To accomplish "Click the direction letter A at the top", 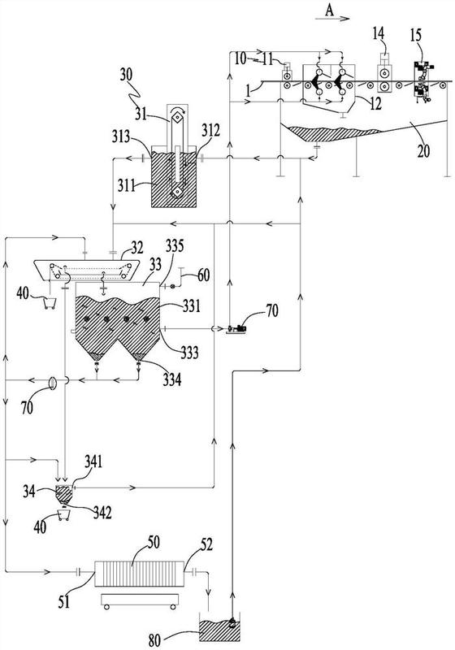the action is (329, 10).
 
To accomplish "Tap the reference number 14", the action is (378, 33).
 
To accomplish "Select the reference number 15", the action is (416, 35).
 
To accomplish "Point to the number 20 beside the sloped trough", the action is (423, 151).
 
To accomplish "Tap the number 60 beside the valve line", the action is (202, 275).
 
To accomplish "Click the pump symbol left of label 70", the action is (236, 329).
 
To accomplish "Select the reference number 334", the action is (171, 379).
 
